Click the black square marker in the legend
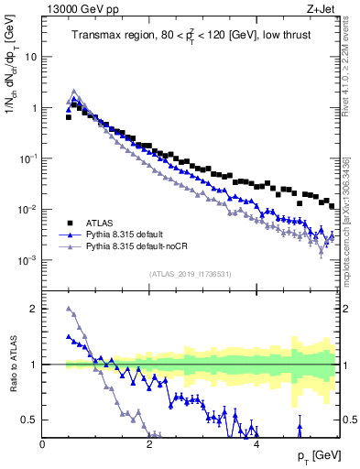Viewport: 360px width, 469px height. (70, 222)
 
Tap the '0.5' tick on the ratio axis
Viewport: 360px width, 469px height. (28, 420)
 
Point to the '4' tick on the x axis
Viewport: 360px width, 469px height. (256, 445)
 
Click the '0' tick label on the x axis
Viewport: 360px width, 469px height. (43, 445)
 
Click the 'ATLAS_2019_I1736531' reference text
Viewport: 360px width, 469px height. (190, 274)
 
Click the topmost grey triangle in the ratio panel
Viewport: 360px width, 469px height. (70, 309)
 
